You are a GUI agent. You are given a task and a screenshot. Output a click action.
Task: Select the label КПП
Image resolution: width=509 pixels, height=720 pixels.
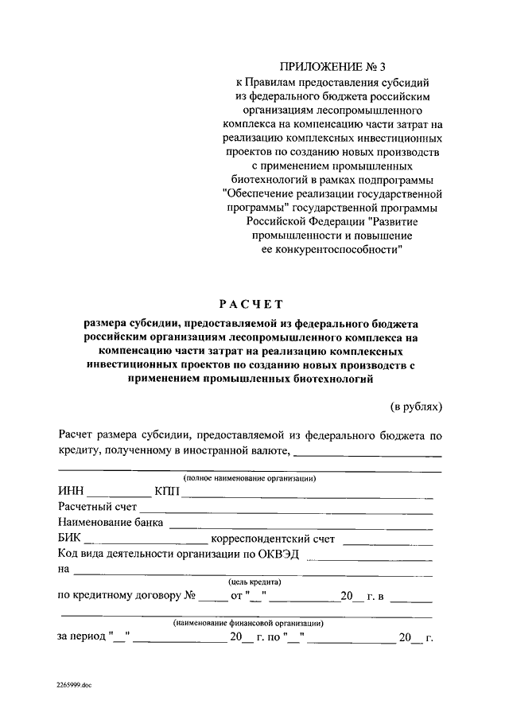pyautogui.click(x=168, y=492)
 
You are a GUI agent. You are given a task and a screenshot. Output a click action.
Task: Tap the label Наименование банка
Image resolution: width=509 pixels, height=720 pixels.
pyautogui.click(x=111, y=523)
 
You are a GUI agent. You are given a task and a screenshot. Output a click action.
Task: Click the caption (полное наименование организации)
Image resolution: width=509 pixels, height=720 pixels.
pyautogui.click(x=249, y=478)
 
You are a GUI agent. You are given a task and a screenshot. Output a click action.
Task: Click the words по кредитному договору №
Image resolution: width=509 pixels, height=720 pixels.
pyautogui.click(x=126, y=595)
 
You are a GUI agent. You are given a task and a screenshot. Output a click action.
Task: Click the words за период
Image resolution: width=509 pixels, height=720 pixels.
pyautogui.click(x=83, y=637)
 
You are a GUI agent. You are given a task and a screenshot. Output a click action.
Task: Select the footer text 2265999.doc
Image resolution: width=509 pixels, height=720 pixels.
pyautogui.click(x=75, y=683)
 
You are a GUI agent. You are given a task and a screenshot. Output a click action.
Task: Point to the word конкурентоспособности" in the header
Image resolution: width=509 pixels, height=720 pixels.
pyautogui.click(x=332, y=249)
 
